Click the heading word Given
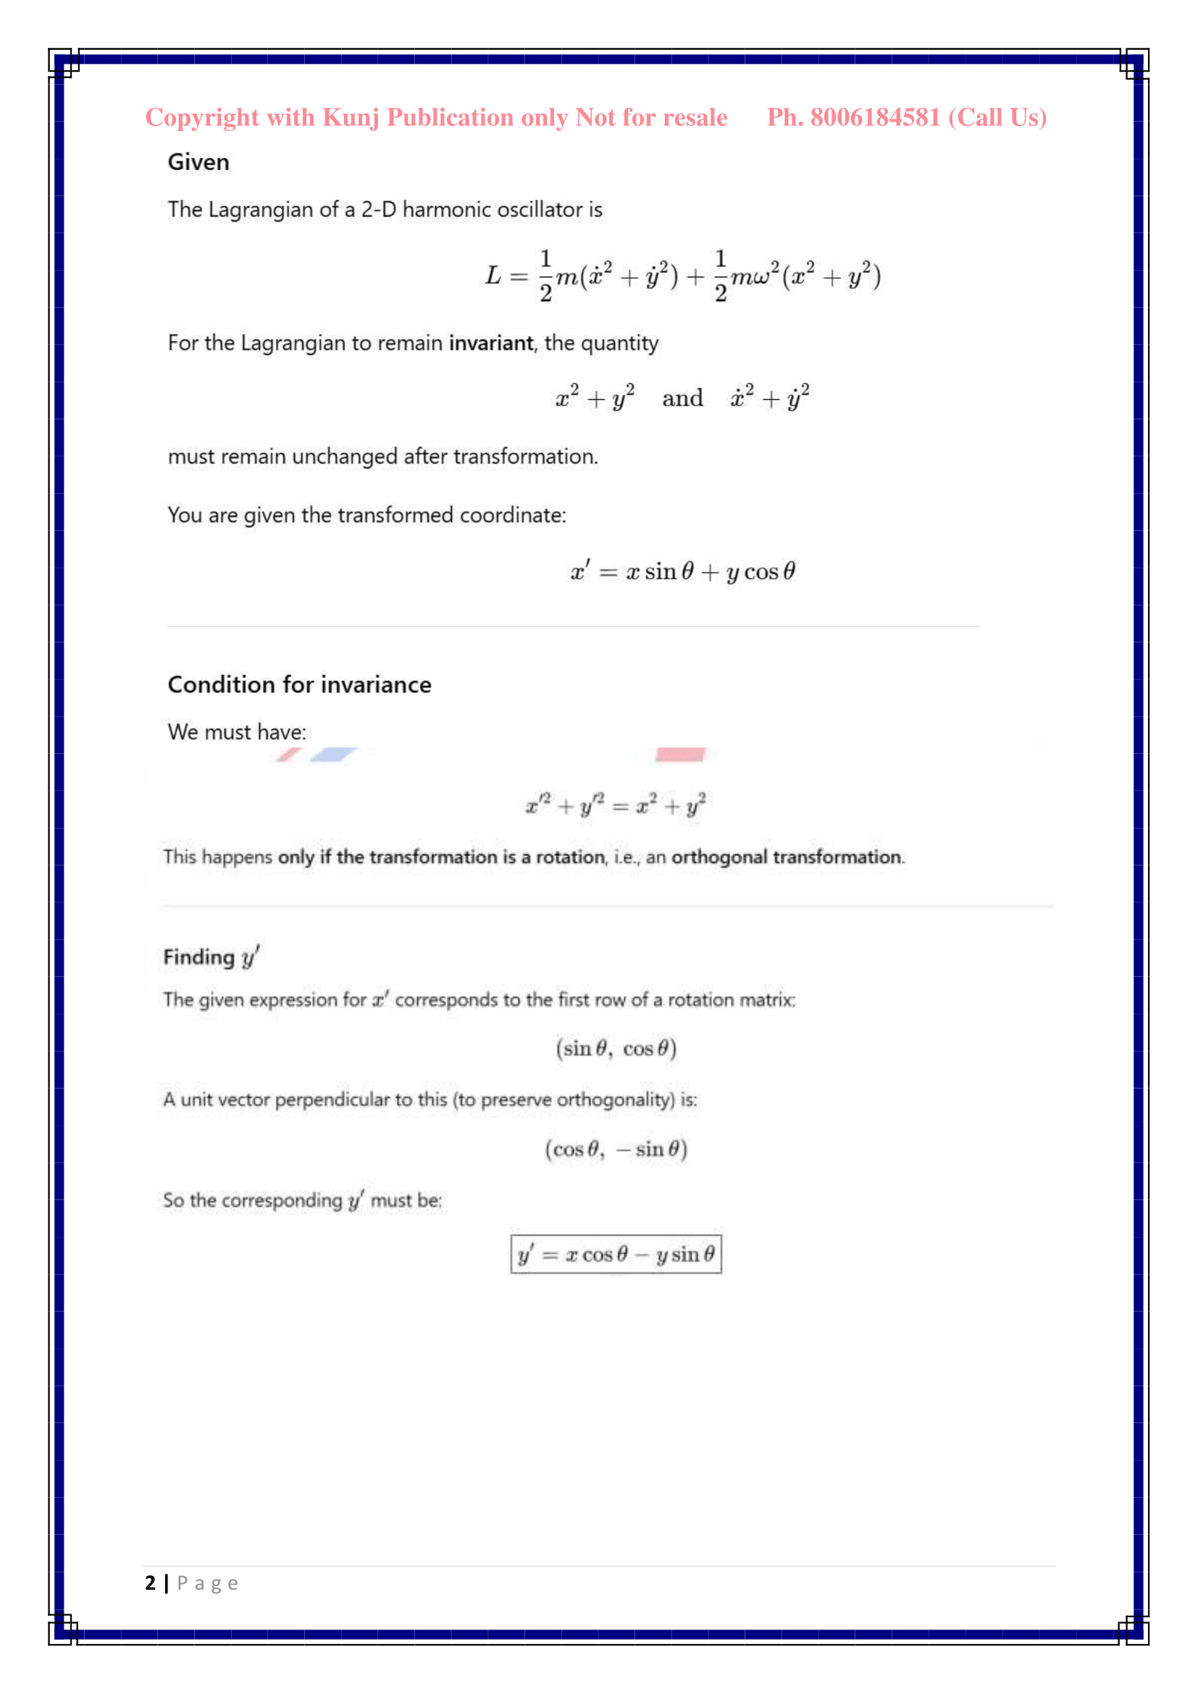click(198, 162)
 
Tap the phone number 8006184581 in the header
click(875, 117)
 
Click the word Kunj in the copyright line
click(351, 118)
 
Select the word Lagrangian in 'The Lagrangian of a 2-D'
click(261, 209)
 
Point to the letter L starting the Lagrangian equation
click(493, 276)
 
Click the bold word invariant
click(490, 343)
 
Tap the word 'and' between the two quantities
click(682, 398)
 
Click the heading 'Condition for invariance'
click(300, 684)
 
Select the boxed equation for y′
click(616, 1254)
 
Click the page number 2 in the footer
click(151, 1582)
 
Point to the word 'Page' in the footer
click(207, 1583)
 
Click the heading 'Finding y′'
click(211, 957)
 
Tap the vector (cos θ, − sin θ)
click(616, 1149)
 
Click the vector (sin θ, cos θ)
click(616, 1049)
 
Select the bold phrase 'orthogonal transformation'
click(787, 857)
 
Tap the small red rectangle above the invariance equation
click(680, 754)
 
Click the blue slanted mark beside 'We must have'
click(333, 754)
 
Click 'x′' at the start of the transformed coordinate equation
click(581, 572)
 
